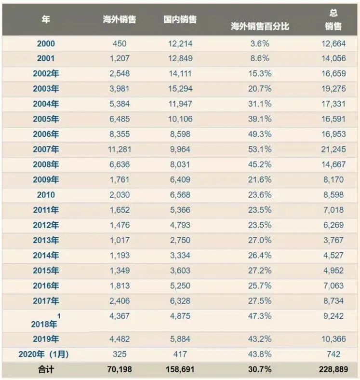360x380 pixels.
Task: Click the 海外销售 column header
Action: [x=120, y=20]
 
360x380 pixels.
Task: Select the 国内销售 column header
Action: [x=180, y=20]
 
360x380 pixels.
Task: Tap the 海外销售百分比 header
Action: [x=260, y=27]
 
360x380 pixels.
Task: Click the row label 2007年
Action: [x=46, y=149]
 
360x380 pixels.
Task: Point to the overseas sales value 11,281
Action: [x=120, y=149]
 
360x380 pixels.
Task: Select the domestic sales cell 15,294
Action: [x=180, y=89]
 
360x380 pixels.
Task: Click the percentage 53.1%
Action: [x=260, y=149]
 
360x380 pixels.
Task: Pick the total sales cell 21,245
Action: [x=333, y=149]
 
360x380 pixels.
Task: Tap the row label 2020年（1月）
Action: [x=43, y=354]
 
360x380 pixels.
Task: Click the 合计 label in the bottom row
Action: [x=46, y=369]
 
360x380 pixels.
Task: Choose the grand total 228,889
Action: [x=333, y=369]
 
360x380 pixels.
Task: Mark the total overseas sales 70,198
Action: [x=120, y=369]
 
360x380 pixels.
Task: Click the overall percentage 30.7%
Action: [x=260, y=369]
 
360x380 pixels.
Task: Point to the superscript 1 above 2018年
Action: [x=59, y=316]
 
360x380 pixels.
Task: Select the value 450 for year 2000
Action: [x=120, y=44]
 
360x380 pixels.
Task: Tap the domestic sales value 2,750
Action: [x=180, y=240]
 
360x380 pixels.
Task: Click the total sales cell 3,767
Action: [x=333, y=240]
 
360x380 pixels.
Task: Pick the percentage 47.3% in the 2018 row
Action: [x=260, y=316]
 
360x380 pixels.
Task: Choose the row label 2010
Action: [x=46, y=195]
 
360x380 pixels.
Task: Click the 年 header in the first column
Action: [x=46, y=20]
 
